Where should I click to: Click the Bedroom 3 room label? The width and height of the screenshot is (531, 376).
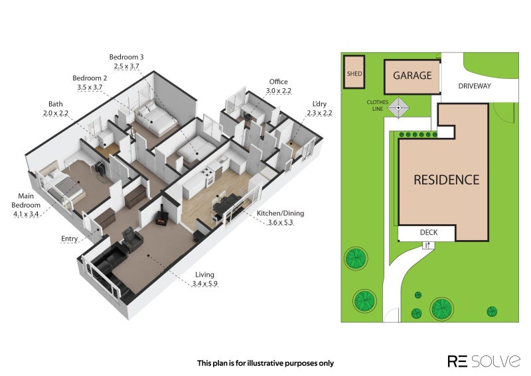point(126,57)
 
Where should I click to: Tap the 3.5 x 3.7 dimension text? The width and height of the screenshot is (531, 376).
point(90,88)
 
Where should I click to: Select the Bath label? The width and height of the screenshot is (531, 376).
point(56,104)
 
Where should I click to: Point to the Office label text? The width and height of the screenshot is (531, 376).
point(278,82)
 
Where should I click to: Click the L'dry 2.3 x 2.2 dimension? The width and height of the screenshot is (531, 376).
point(319,113)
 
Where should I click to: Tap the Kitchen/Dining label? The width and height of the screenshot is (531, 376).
point(280,214)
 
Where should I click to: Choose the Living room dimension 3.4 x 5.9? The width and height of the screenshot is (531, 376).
point(205,284)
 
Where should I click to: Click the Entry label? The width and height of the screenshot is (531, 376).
point(70,239)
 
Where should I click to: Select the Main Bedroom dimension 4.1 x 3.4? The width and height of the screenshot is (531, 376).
point(26,214)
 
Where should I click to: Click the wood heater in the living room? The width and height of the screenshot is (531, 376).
point(161,218)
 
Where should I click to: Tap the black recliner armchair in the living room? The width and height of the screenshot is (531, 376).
point(132,239)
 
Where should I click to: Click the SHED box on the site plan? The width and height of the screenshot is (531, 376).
point(354,72)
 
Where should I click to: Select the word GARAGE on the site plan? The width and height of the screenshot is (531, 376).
point(412,75)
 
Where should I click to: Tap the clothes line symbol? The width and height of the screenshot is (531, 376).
point(398,107)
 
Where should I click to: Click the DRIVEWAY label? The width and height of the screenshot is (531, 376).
point(475,86)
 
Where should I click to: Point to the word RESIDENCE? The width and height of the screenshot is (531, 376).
point(446,180)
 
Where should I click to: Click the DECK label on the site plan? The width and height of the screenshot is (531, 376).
point(429,233)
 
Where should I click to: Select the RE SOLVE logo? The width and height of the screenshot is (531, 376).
point(484,361)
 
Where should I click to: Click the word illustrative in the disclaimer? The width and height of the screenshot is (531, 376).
point(265,363)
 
